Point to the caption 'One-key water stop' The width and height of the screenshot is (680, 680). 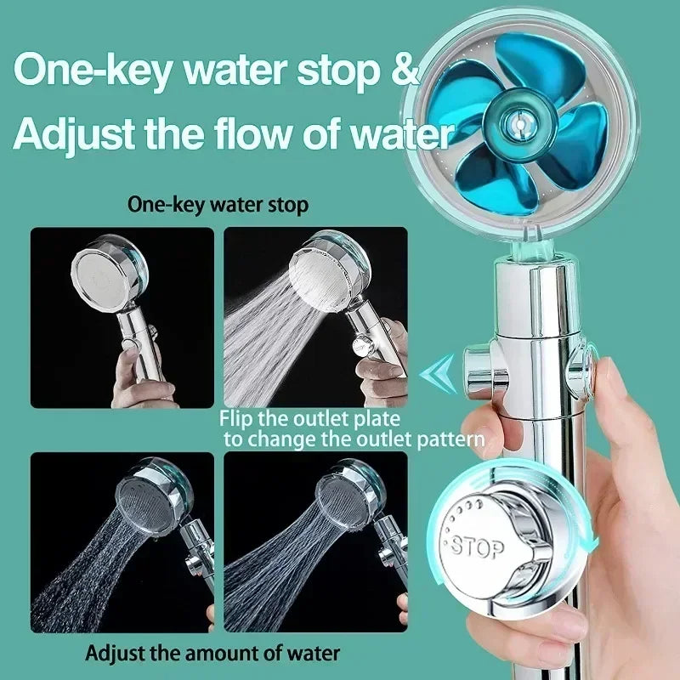tap(218, 205)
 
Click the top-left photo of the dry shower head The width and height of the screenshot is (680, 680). tap(122, 317)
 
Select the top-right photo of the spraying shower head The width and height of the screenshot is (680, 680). tap(314, 317)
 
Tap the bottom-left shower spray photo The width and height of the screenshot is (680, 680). tap(122, 542)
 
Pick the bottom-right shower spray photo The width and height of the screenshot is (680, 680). tap(314, 542)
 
